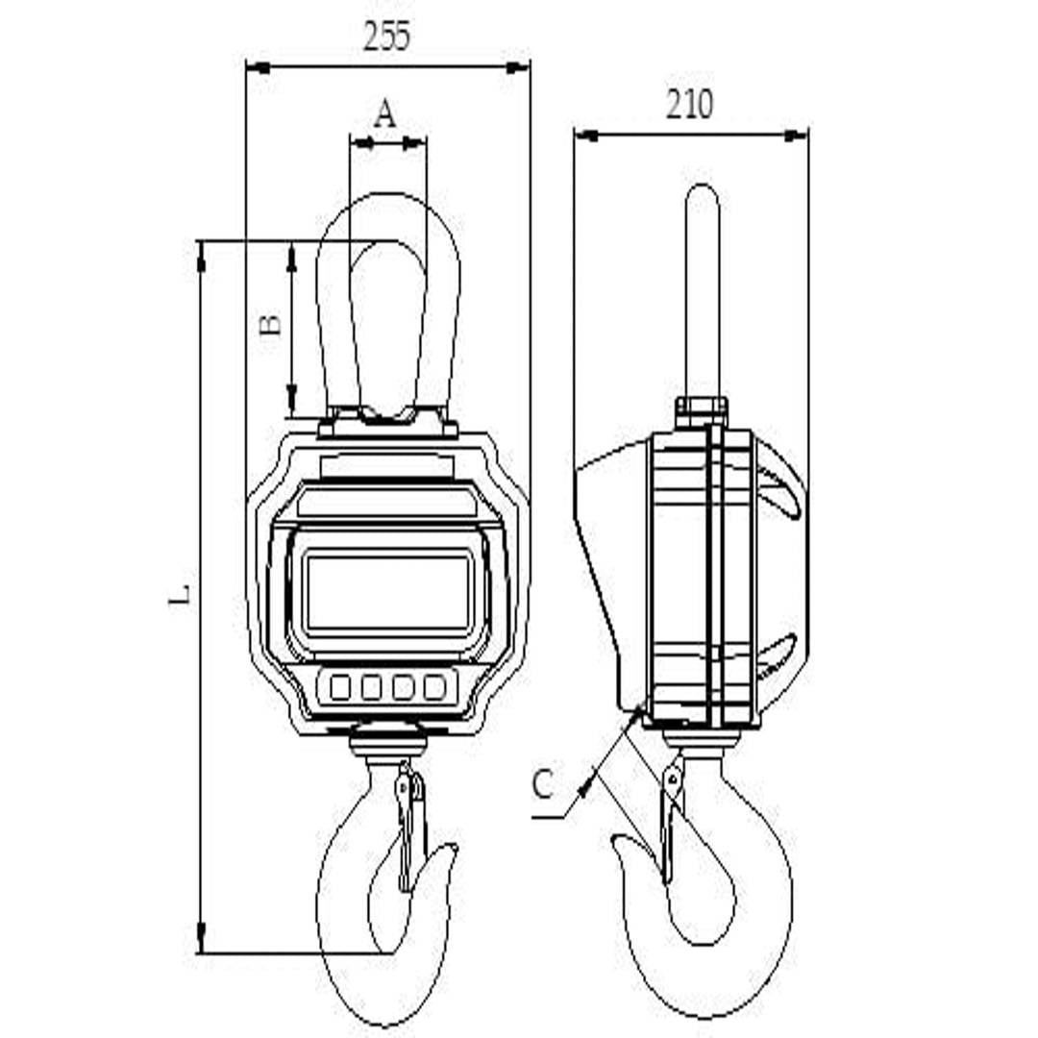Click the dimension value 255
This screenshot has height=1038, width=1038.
[x=387, y=36]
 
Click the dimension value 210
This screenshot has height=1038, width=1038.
[x=690, y=104]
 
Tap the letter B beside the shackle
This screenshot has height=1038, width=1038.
[x=270, y=325]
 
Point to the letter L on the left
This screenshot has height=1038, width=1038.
[x=180, y=595]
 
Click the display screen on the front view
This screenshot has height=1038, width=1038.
[x=388, y=593]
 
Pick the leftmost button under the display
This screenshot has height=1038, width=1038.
[x=340, y=686]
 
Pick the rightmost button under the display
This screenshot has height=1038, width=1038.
[x=435, y=686]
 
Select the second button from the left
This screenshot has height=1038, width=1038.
[x=371, y=686]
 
